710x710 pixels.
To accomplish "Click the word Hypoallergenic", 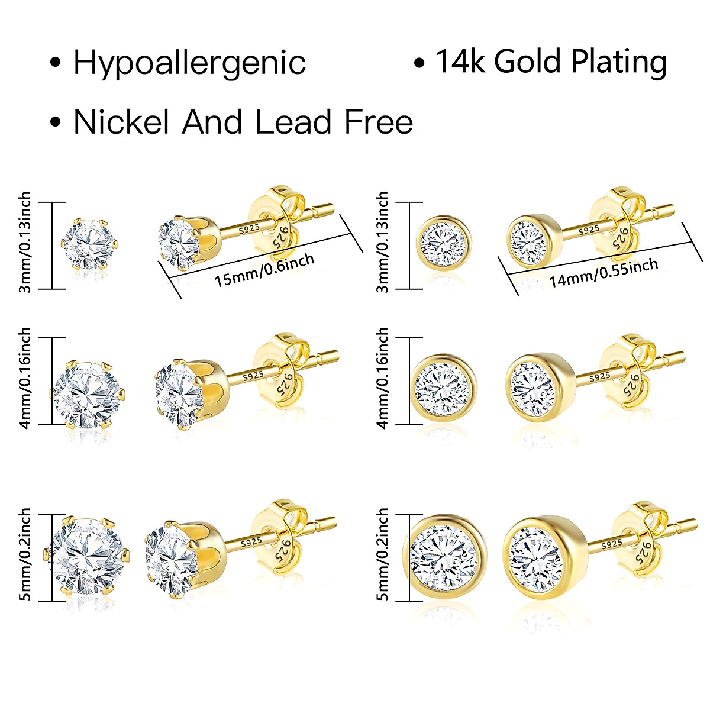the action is click(x=189, y=63).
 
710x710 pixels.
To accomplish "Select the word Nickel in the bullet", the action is click(x=122, y=122).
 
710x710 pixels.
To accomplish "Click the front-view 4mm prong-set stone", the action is click(x=89, y=391).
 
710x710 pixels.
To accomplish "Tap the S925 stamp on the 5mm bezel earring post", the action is click(x=611, y=544).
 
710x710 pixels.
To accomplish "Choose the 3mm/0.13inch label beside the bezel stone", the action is click(x=382, y=243).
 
